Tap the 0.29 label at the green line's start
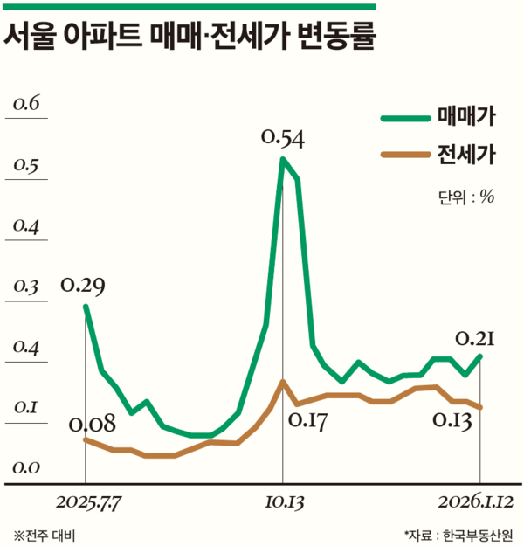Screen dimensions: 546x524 point(84,286)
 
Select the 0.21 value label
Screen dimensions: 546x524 point(476,338)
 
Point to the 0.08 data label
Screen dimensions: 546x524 point(92,425)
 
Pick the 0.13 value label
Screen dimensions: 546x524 point(452,423)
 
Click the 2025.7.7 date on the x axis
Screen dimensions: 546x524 point(87,504)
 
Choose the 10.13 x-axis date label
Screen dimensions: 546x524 point(283,504)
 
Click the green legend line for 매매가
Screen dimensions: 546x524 point(404,117)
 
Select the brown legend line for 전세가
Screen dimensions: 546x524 point(404,156)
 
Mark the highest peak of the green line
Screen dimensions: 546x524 point(283,160)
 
